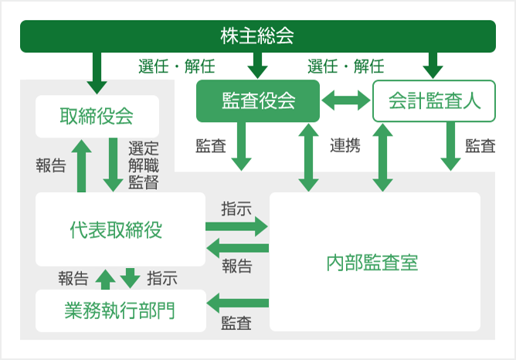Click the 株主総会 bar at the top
258,36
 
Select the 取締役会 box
97,117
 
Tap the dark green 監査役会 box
258,100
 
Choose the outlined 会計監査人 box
433,100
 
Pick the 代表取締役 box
120,229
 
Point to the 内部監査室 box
374,262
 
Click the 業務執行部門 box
120,311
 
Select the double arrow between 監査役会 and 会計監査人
346,100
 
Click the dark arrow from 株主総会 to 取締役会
97,72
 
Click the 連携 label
345,146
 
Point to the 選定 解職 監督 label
144,165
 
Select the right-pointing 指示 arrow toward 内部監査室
236,226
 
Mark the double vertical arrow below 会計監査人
382,158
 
